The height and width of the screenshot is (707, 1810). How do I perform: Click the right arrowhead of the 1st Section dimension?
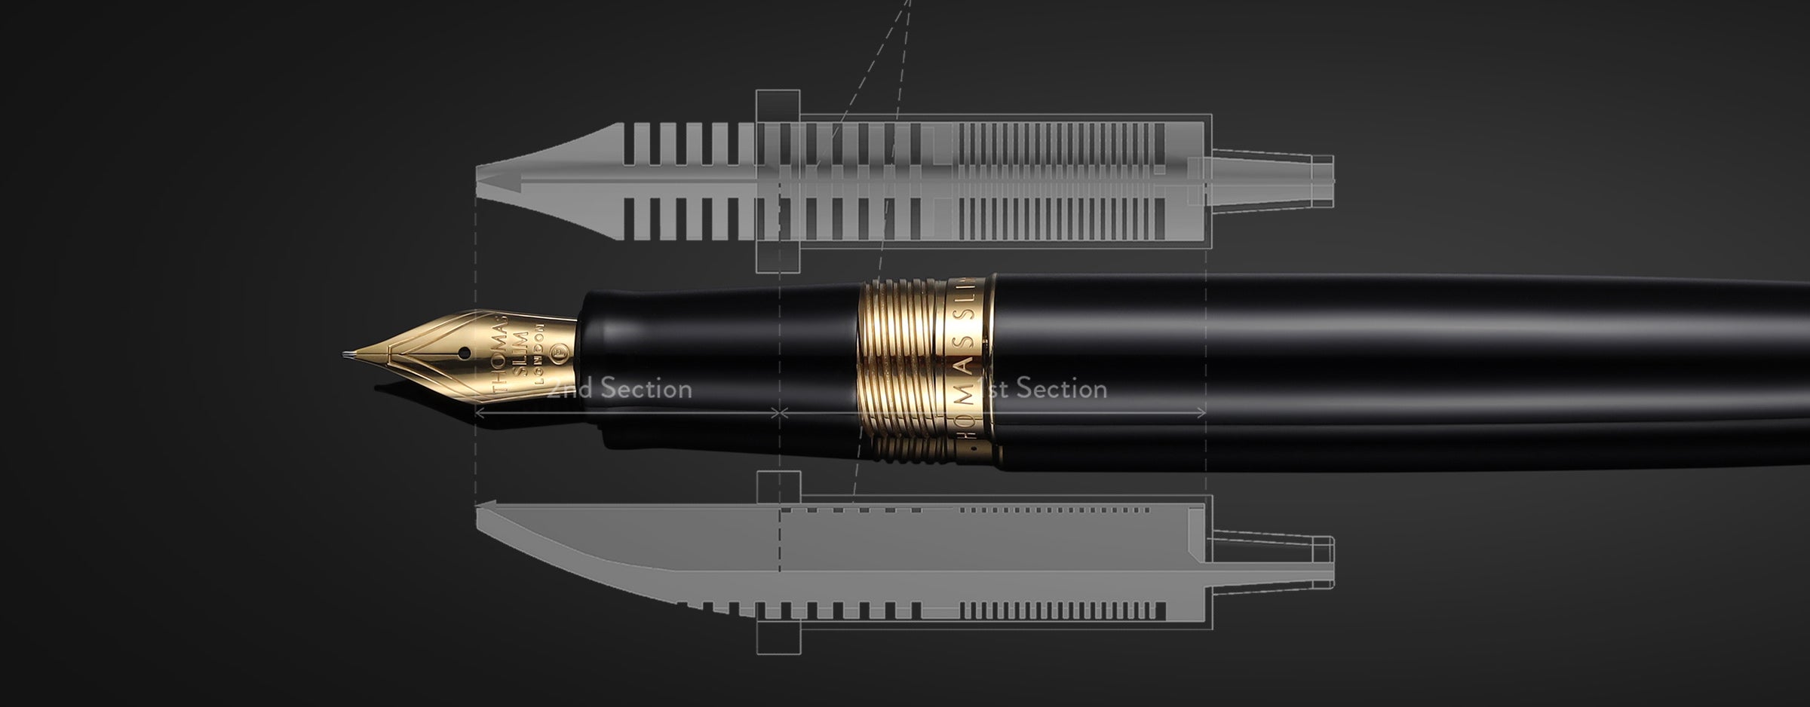(x=1202, y=413)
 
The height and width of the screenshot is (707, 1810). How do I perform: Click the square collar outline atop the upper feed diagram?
(x=778, y=102)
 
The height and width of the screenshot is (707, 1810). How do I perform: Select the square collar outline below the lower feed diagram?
(x=778, y=639)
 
